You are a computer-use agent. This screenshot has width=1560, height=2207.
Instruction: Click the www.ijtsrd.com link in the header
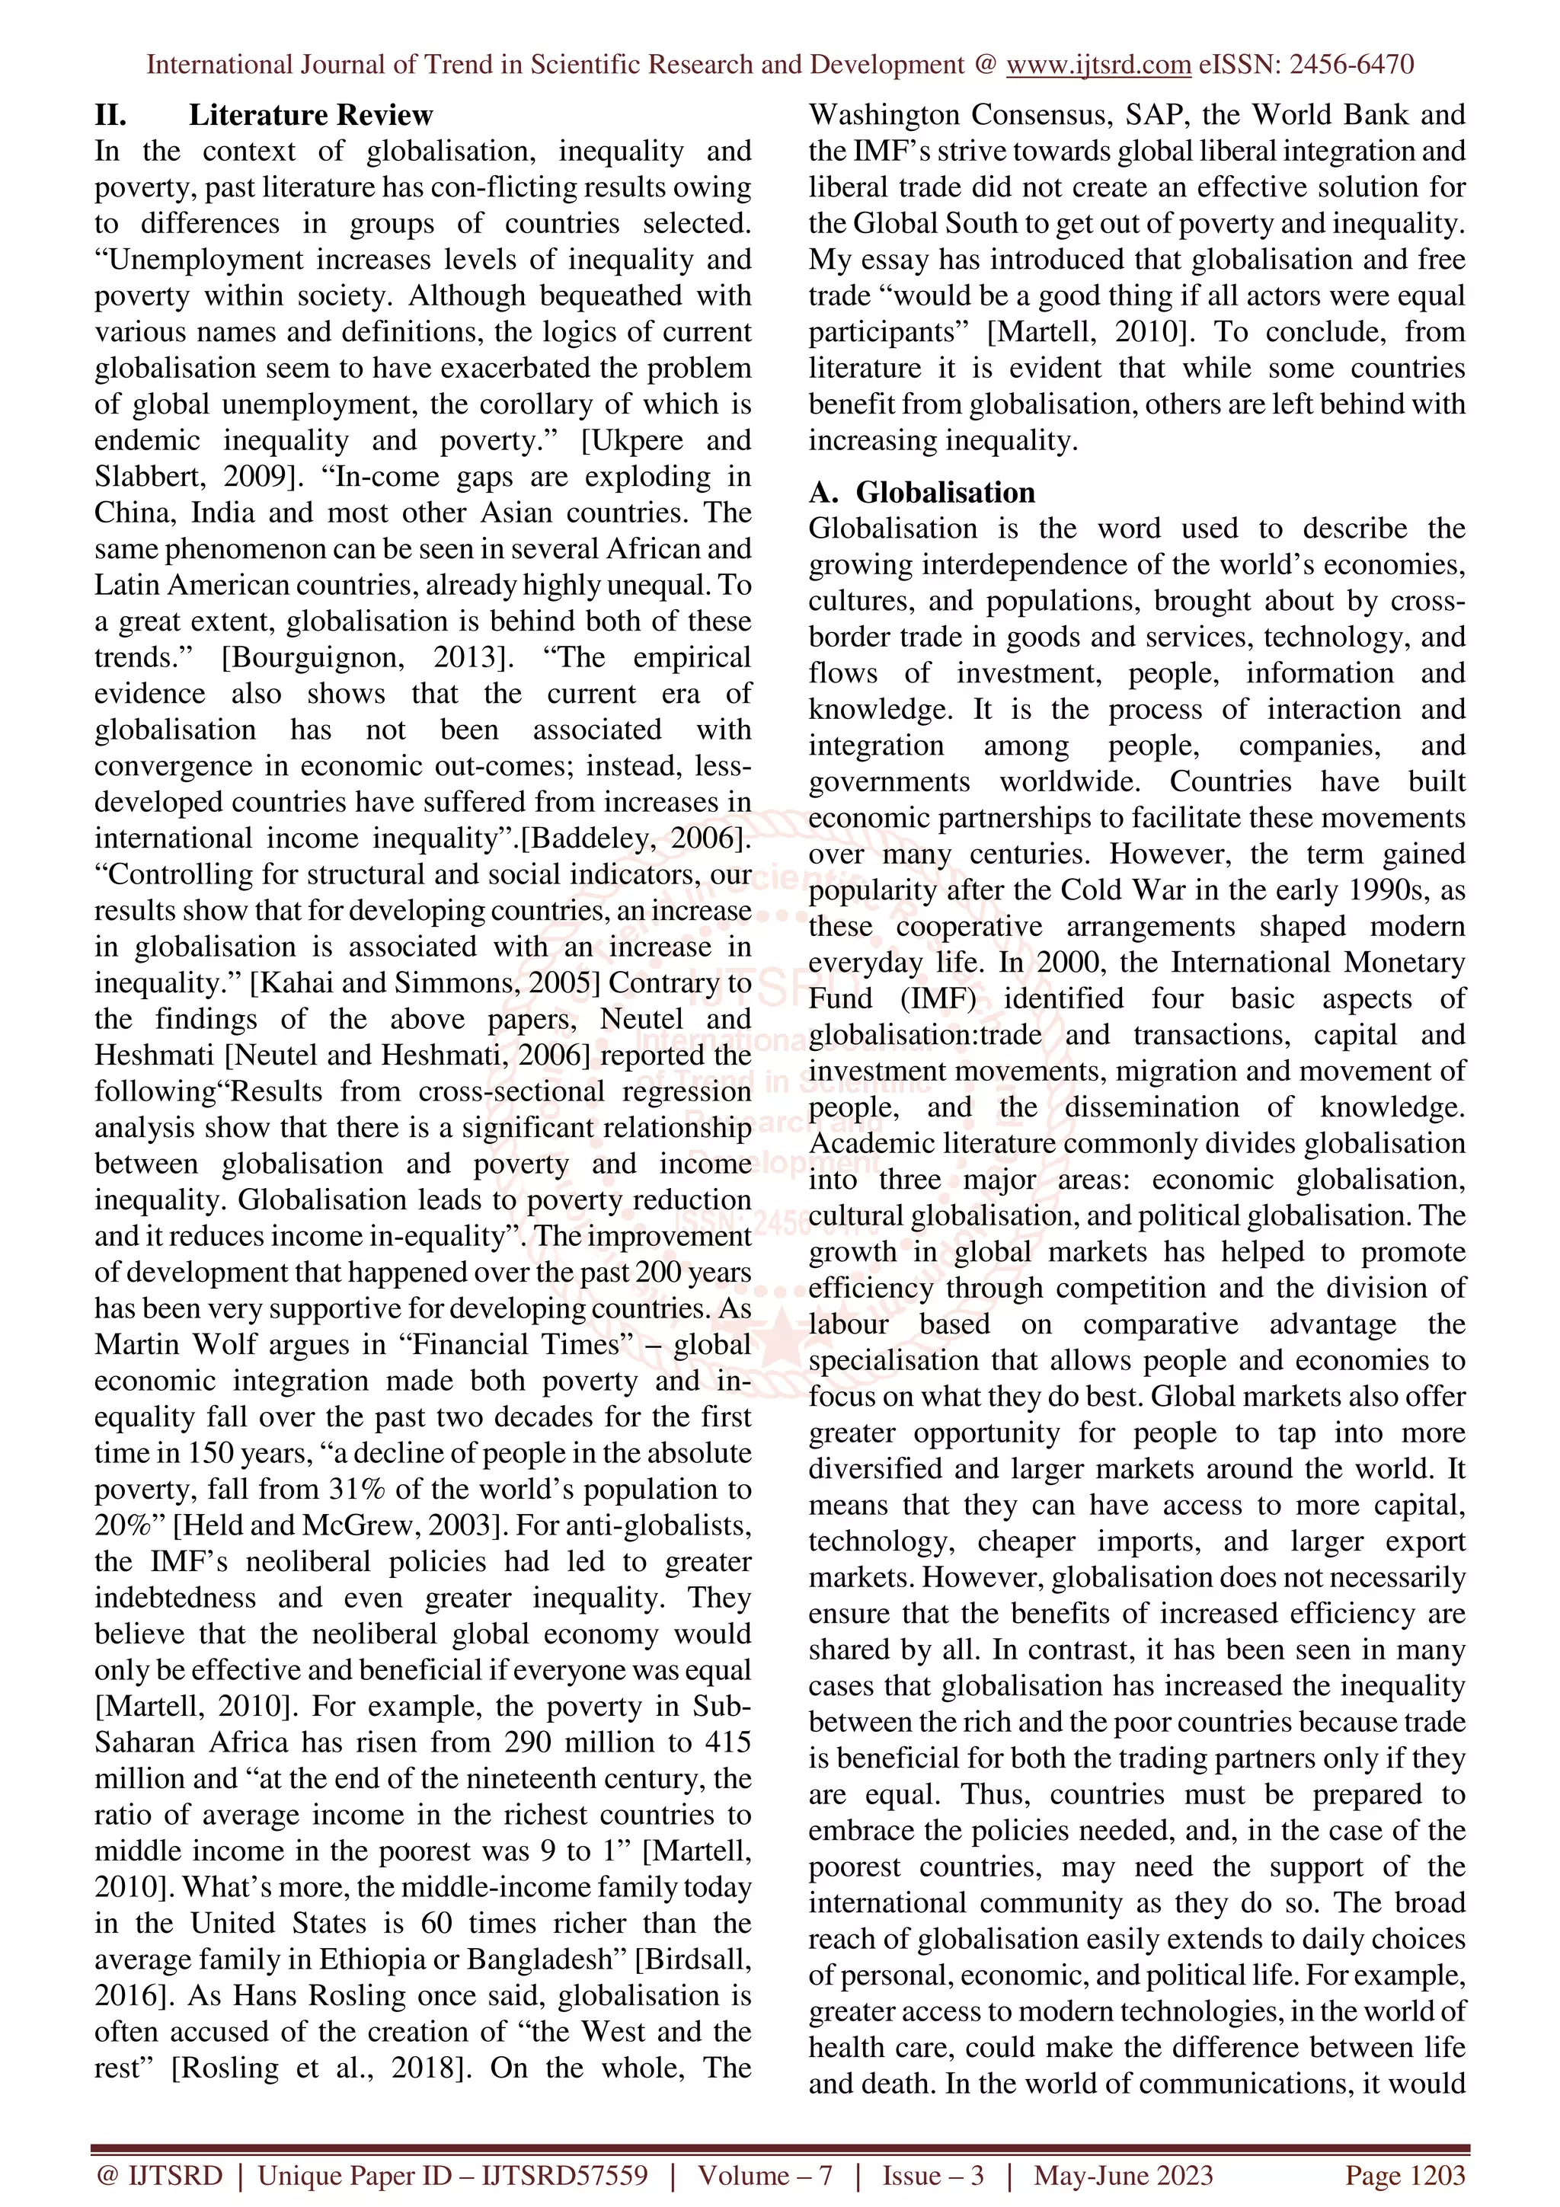1098,65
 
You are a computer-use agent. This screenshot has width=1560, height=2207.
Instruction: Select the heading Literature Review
311,115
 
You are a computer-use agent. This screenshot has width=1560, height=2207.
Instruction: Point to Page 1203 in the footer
1405,2175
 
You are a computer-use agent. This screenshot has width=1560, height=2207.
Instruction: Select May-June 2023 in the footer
1123,2175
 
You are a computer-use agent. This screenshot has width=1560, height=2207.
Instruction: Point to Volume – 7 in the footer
764,2175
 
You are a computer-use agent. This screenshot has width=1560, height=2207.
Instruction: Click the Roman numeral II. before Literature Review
110,115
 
